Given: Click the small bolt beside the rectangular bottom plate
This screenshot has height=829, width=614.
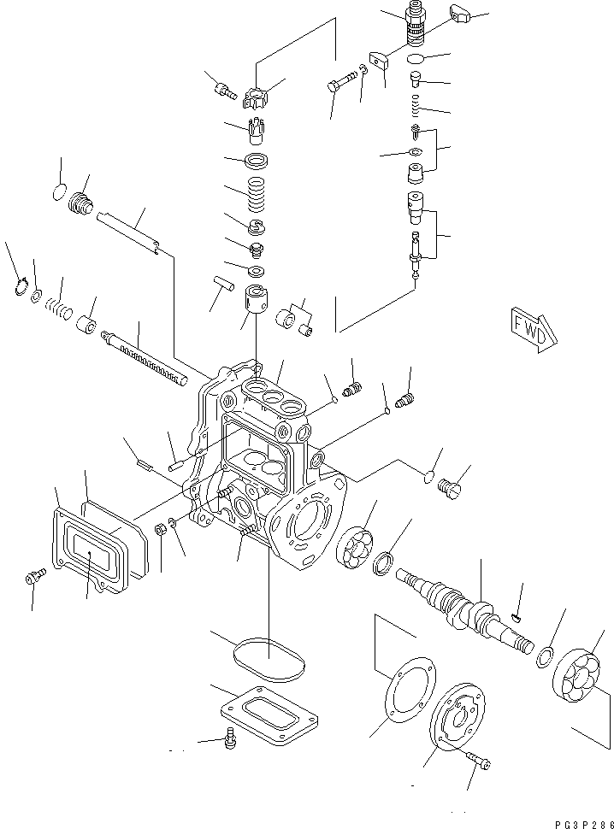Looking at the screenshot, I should click(x=228, y=741).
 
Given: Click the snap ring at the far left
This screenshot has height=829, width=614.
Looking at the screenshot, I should click(x=21, y=288).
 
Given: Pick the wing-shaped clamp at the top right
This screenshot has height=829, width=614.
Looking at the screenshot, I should click(x=459, y=15).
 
